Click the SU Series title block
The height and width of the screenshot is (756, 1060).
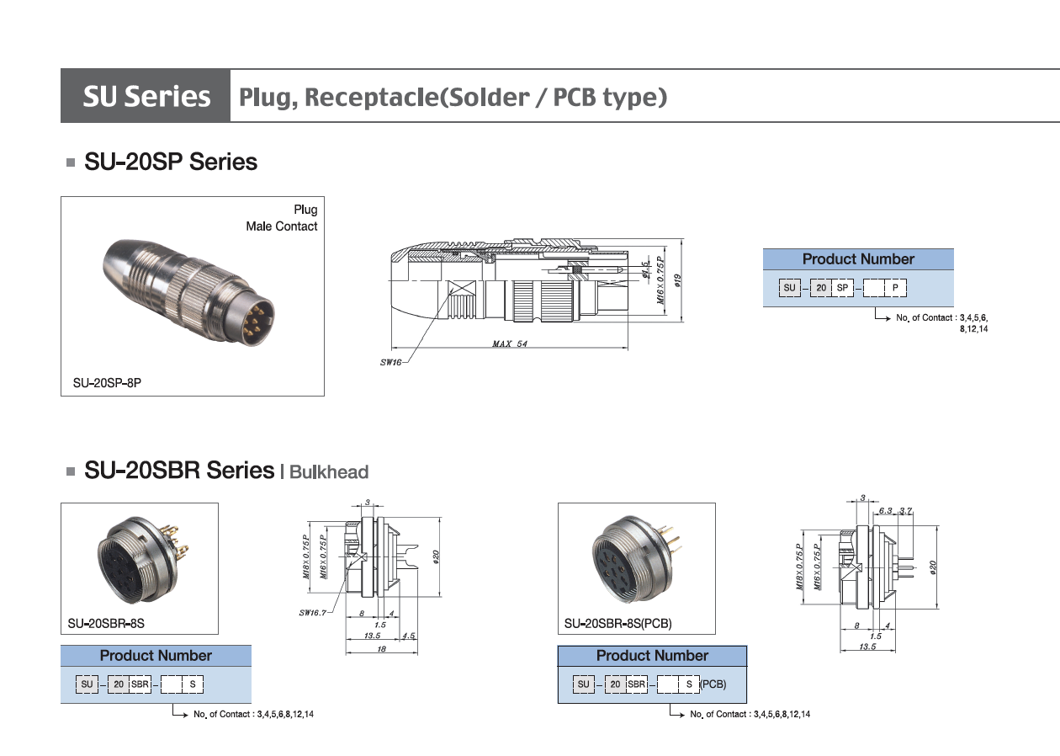pos(146,97)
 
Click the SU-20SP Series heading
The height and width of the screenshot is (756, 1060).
pos(171,162)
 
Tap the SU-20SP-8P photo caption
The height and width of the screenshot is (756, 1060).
pos(106,382)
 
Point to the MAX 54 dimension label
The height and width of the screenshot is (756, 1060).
pos(510,343)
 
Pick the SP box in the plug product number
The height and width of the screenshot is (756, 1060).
pos(842,288)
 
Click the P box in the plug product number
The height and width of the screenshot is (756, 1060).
pos(896,288)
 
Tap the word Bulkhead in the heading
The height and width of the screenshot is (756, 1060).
pos(329,472)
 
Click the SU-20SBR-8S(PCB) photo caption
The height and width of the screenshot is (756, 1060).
pos(618,624)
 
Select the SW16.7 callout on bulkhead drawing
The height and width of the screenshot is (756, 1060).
pos(312,612)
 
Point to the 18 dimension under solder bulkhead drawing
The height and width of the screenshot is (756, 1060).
pos(380,649)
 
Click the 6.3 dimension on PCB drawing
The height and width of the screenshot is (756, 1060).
pos(885,511)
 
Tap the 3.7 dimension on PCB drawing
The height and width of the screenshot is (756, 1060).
pos(905,511)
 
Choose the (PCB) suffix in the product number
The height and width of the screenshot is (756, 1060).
pos(713,684)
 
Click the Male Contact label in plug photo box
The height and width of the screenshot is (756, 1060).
pos(282,226)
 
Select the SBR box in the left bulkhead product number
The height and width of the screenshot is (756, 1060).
pos(140,684)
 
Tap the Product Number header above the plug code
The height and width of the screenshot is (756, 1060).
pos(857,259)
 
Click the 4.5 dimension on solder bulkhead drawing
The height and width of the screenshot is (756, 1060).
pos(409,636)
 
